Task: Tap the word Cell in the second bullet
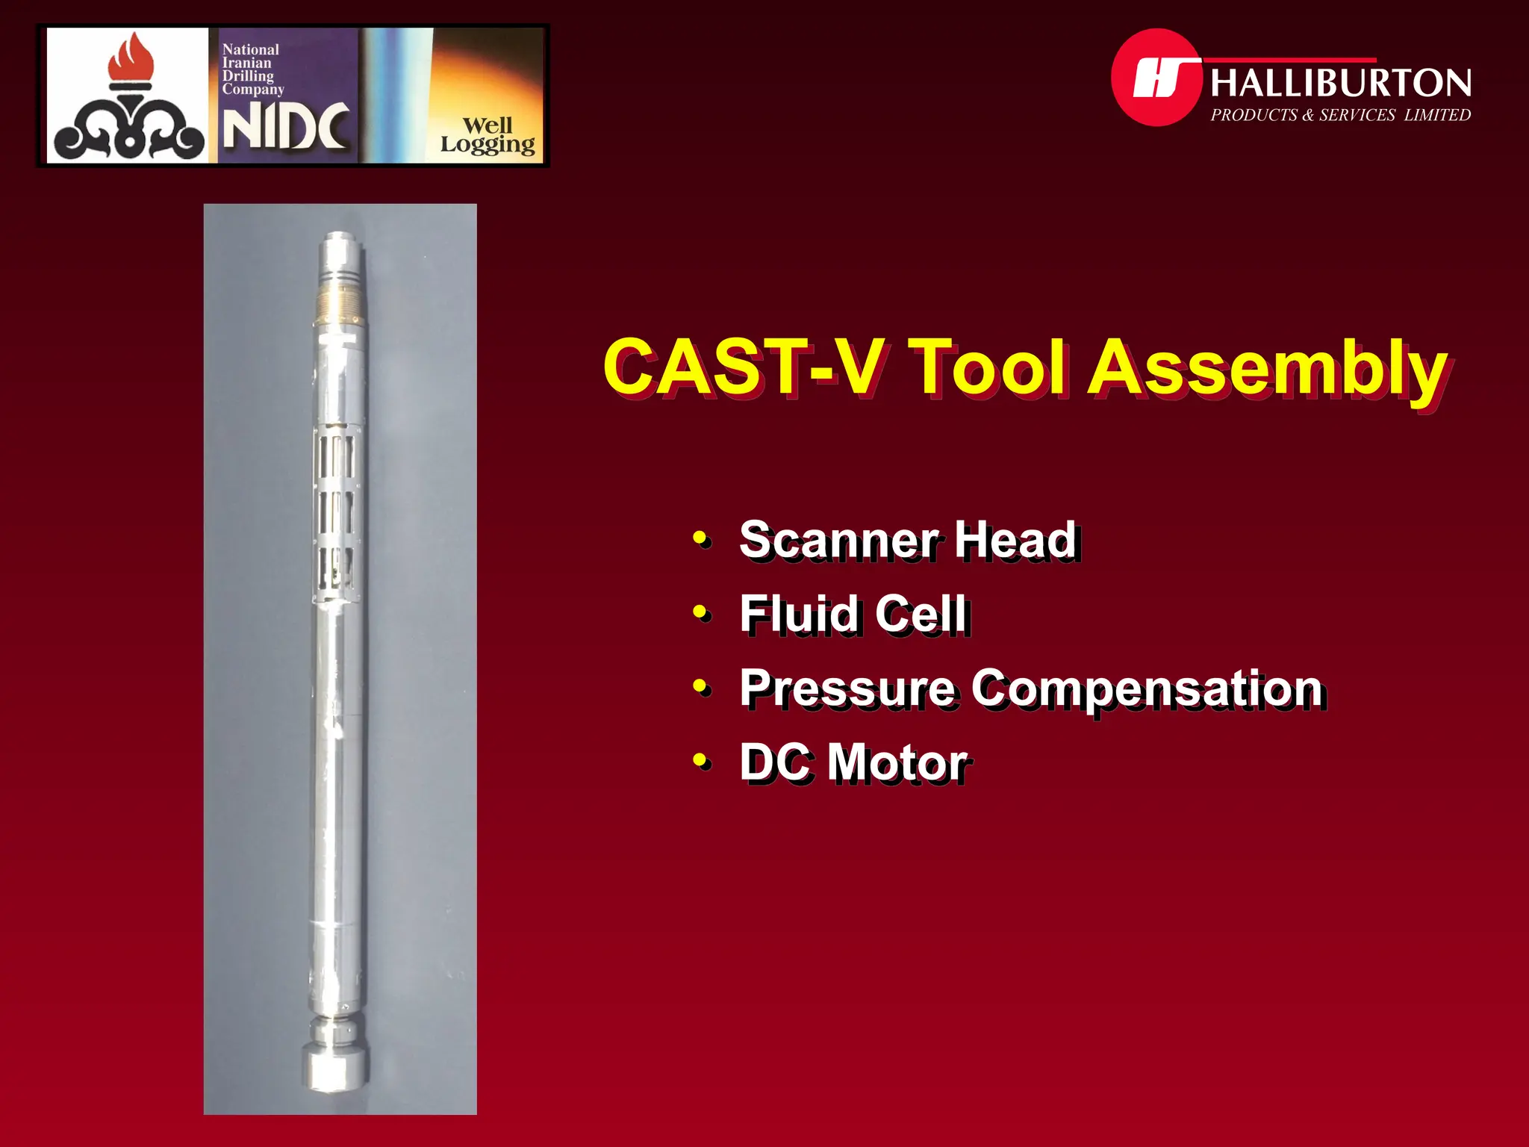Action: tap(922, 614)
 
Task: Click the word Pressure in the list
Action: tap(847, 688)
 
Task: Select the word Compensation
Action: tap(1147, 688)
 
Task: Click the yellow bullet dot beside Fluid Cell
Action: tap(700, 612)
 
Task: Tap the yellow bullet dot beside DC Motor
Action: tap(700, 761)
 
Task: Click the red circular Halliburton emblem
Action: tap(1156, 78)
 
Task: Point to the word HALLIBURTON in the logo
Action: tap(1341, 83)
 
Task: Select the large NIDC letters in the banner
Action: tap(286, 127)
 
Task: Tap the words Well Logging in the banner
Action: tap(488, 135)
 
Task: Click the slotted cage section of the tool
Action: tap(337, 515)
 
